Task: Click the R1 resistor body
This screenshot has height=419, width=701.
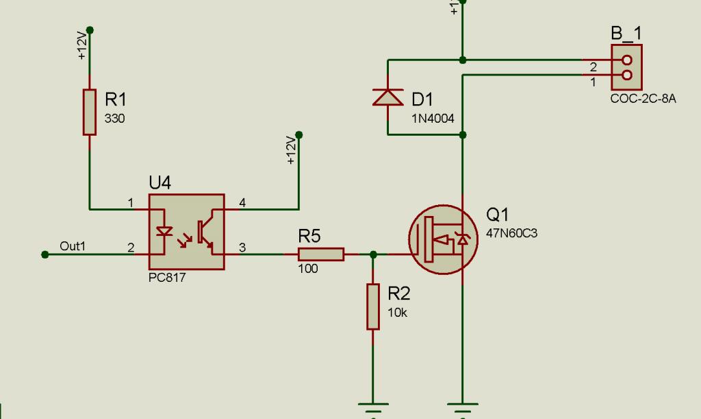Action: [90, 112]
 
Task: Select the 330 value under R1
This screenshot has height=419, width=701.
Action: [114, 119]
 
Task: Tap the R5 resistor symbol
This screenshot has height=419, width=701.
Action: [321, 254]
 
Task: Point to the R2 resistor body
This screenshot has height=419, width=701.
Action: [373, 307]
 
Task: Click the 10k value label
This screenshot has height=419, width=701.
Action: [397, 313]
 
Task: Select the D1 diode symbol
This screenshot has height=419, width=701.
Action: [387, 97]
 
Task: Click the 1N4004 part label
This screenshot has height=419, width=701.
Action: [433, 119]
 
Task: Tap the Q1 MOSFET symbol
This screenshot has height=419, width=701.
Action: [443, 239]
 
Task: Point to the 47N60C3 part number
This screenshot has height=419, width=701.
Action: [511, 233]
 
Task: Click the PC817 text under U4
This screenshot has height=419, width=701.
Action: [167, 278]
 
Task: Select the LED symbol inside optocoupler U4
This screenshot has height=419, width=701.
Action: [164, 231]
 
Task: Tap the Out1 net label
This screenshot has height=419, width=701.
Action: [73, 246]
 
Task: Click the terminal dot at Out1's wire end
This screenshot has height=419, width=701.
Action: [44, 254]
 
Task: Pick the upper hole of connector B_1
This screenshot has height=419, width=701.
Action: [627, 60]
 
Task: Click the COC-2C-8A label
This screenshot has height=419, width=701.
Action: [643, 99]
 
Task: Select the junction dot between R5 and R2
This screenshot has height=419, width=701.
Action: [373, 254]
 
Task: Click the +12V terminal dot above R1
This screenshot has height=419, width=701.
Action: [90, 30]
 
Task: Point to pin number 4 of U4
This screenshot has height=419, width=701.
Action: [242, 203]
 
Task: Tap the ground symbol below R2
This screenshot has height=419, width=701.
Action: [373, 408]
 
